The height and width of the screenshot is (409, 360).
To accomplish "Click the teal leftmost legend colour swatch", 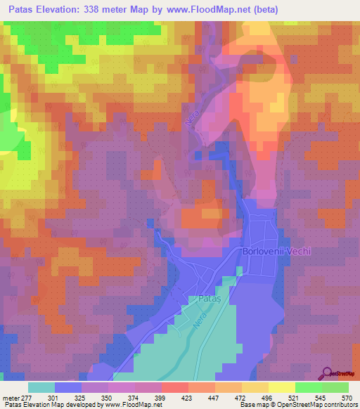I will click(41, 388).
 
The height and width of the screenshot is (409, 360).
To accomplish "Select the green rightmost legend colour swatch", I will click(335, 388).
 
